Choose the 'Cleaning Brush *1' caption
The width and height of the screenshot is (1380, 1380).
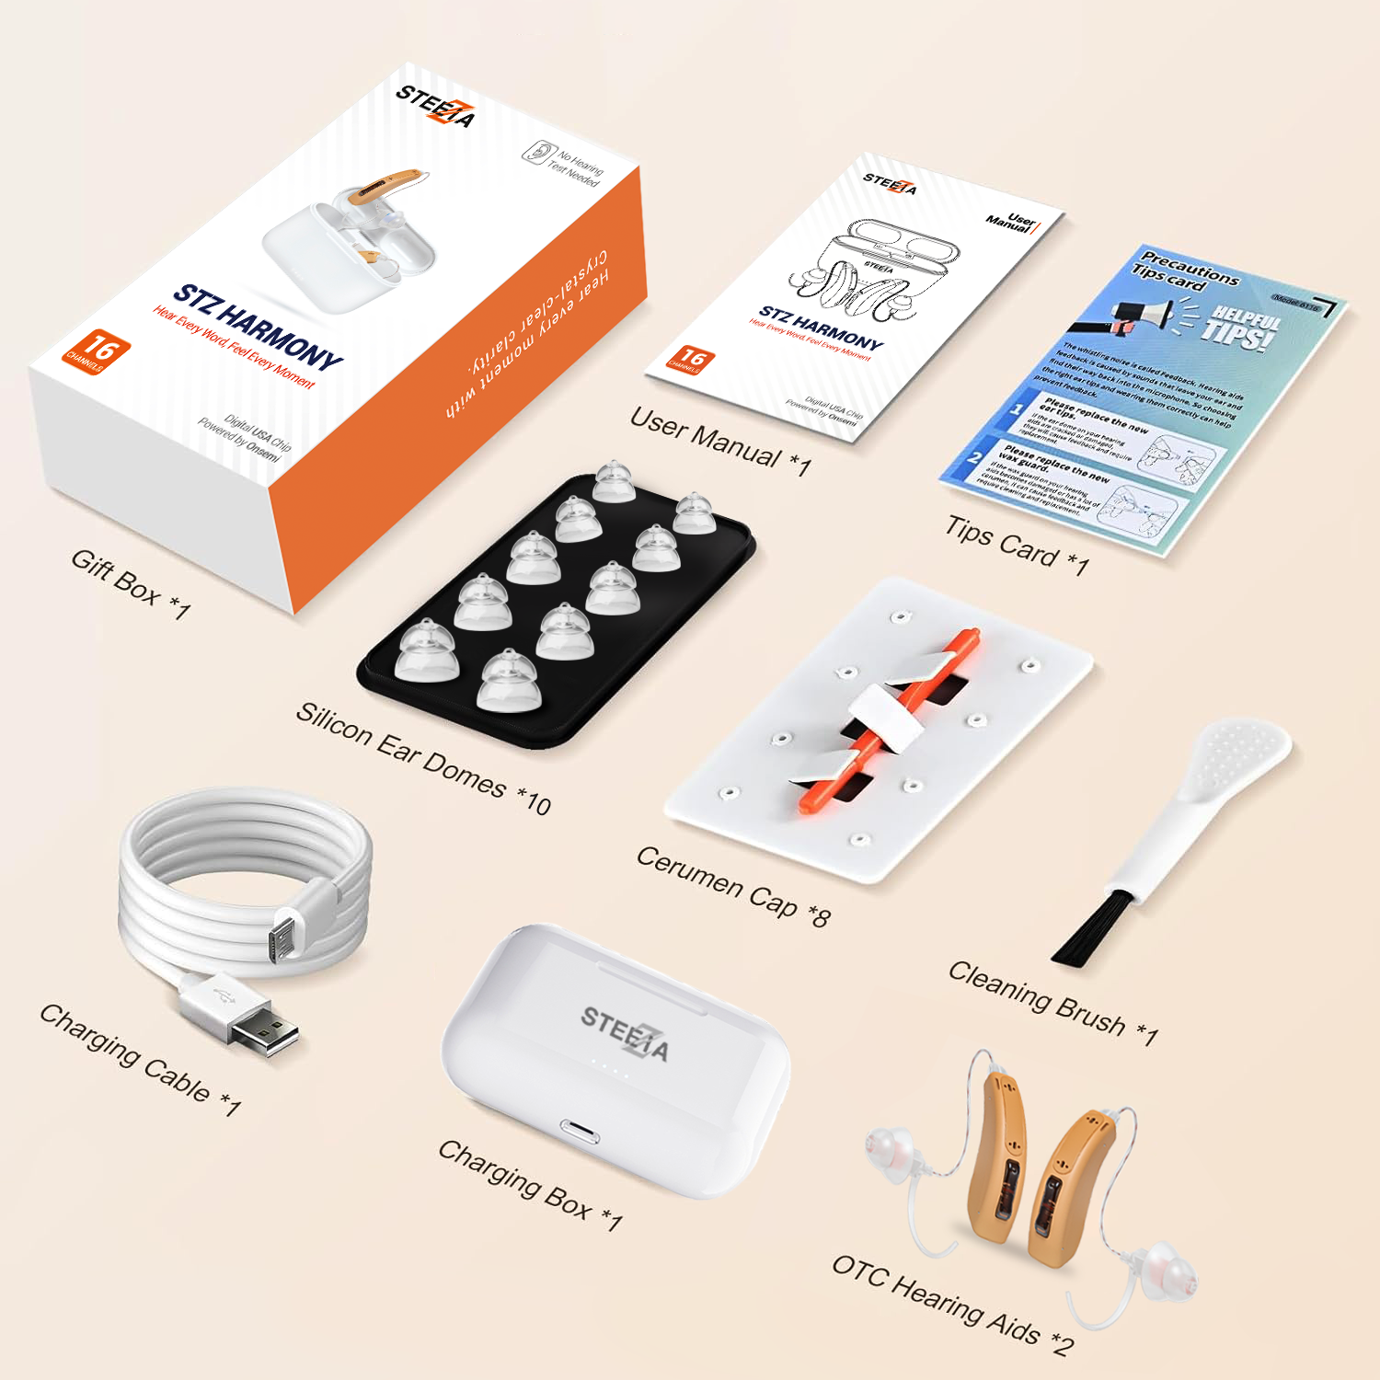1052,1002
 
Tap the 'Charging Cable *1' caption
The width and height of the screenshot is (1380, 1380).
140,1060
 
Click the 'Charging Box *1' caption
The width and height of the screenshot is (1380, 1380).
530,1184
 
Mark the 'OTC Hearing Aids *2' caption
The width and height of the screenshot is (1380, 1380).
952,1305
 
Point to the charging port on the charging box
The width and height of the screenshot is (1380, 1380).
579,1132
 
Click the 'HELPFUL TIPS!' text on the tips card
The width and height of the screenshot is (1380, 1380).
1241,327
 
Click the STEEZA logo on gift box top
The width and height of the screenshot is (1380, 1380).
437,107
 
